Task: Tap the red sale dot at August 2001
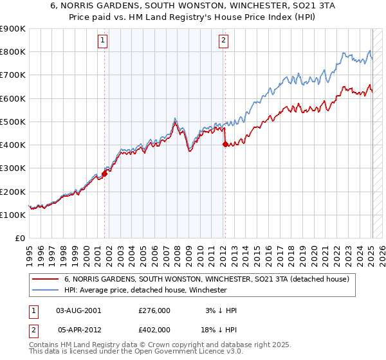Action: (x=104, y=174)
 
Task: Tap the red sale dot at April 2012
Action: (x=225, y=145)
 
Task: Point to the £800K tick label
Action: (x=13, y=52)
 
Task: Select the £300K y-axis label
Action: (x=13, y=168)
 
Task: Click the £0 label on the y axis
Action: (x=20, y=239)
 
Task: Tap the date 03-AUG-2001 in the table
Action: (x=78, y=310)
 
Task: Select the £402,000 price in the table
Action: (x=154, y=329)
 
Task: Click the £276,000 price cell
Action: (x=154, y=310)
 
